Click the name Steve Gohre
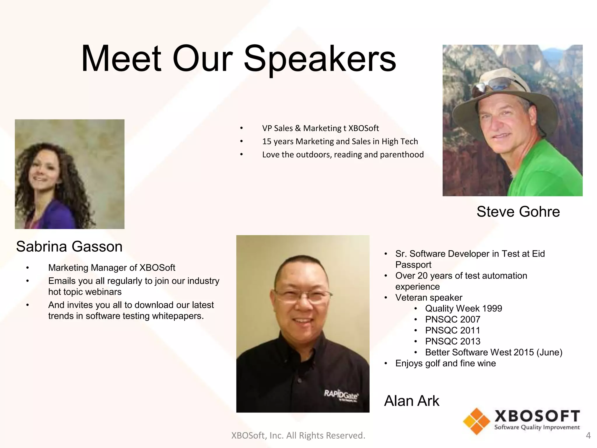click(518, 211)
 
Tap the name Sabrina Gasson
click(69, 246)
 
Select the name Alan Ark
click(411, 400)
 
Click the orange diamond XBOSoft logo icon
click(476, 421)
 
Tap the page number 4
click(588, 435)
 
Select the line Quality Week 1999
click(463, 308)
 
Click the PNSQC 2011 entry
click(452, 330)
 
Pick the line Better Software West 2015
click(493, 352)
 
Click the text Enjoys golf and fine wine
click(445, 363)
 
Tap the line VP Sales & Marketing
click(320, 128)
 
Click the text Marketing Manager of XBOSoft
click(111, 267)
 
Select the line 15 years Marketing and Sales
click(340, 141)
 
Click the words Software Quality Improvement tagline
click(537, 427)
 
